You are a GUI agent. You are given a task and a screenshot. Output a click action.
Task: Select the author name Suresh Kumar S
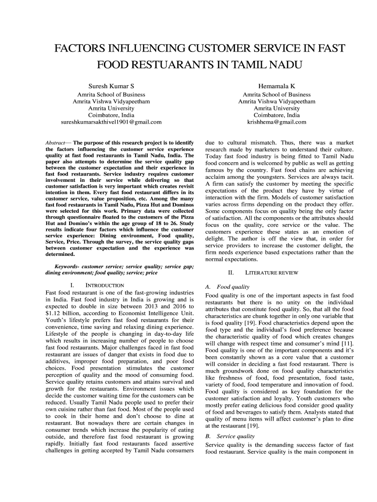tap(111, 86)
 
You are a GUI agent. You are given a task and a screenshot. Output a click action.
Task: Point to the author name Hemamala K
tap(277, 86)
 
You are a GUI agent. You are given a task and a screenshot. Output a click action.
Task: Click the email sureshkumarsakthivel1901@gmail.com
tap(111, 122)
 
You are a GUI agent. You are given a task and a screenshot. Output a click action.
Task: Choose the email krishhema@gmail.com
tap(277, 122)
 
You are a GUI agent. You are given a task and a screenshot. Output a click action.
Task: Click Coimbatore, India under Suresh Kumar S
tap(111, 115)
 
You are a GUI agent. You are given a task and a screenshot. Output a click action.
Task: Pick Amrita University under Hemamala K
tap(277, 108)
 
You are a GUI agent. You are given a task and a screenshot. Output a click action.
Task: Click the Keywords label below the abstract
tap(67, 266)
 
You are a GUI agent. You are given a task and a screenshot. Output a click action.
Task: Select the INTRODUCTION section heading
tap(104, 285)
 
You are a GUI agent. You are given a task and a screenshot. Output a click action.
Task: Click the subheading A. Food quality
tap(228, 287)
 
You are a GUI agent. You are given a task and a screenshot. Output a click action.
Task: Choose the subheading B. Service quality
tap(230, 435)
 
